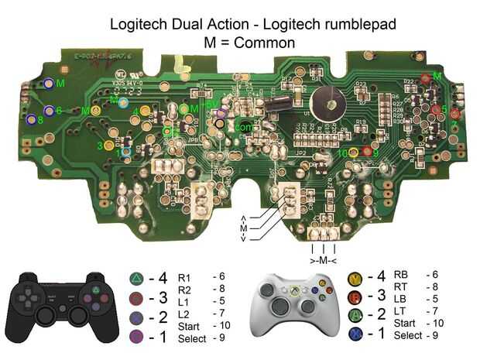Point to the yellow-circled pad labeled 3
point(109,145)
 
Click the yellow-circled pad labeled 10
point(354,152)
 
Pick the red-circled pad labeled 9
point(367,152)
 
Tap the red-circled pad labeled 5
point(437,109)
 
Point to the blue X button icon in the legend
point(356,334)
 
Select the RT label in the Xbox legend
point(401,286)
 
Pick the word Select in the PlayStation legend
point(192,338)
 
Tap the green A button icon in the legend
point(356,315)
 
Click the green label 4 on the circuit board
point(135,111)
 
